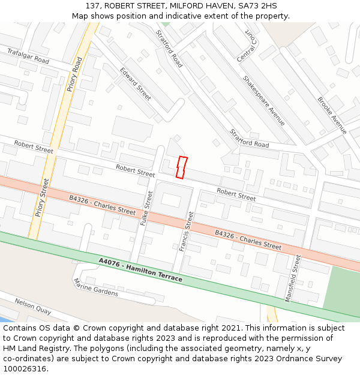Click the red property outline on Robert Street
tap(181, 167)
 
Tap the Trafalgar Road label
tap(28, 57)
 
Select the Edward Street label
tap(136, 83)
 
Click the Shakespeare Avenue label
tap(264, 100)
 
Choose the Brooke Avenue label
tap(332, 115)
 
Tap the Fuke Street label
tap(146, 208)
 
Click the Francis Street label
tap(186, 231)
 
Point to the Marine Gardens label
tap(96, 288)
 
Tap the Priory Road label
tap(75, 74)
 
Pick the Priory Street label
tap(43, 197)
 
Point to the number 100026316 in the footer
tap(25, 369)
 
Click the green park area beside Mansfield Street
tap(342, 288)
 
